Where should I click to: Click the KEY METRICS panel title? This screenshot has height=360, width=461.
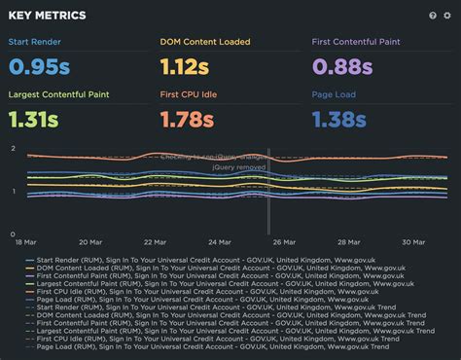[x=47, y=16]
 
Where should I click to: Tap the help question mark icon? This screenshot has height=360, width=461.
[x=433, y=16]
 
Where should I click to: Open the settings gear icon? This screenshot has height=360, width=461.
[x=447, y=16]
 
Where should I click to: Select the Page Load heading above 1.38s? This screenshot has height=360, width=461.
[x=335, y=94]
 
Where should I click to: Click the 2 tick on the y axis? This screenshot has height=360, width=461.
[x=13, y=148]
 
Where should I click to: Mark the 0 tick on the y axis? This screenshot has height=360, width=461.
[x=13, y=234]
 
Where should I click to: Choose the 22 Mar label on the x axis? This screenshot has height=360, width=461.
[x=154, y=242]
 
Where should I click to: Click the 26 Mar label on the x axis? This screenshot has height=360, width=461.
[x=283, y=242]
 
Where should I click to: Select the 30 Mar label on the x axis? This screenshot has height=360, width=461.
[x=412, y=242]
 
